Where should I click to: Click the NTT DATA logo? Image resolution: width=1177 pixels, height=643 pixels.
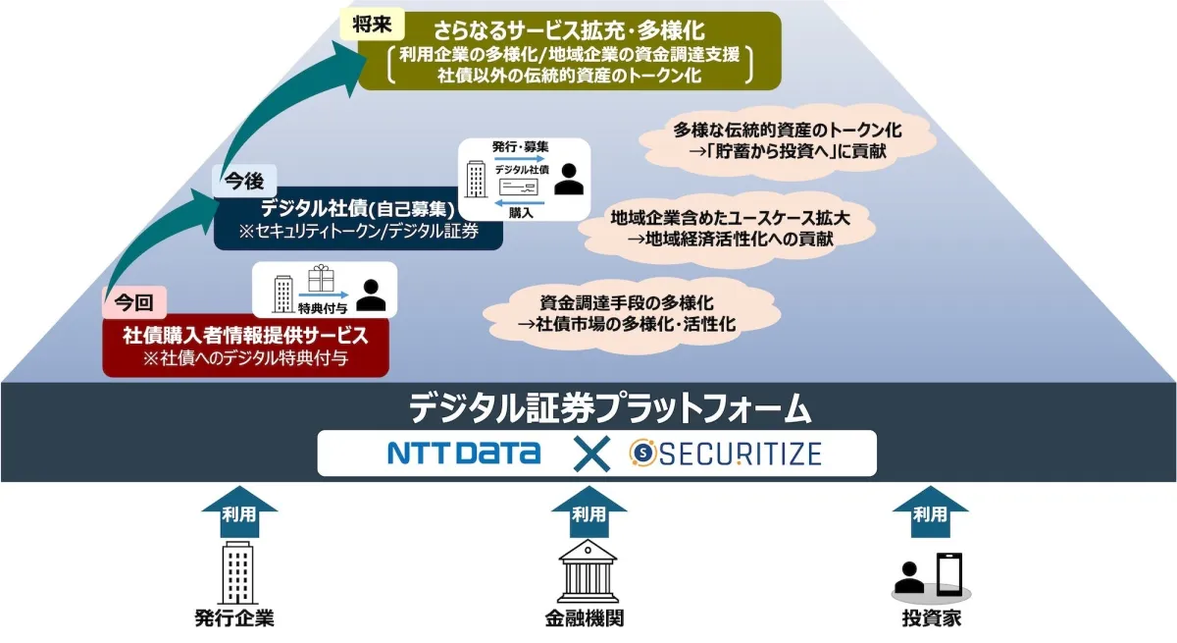(464, 453)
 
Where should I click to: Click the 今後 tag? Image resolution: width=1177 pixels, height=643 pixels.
(244, 181)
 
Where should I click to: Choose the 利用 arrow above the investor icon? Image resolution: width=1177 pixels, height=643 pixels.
(930, 511)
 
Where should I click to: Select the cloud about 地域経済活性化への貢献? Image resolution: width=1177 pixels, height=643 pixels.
(726, 228)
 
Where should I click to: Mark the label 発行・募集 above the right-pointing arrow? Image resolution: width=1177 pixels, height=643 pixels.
(520, 146)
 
